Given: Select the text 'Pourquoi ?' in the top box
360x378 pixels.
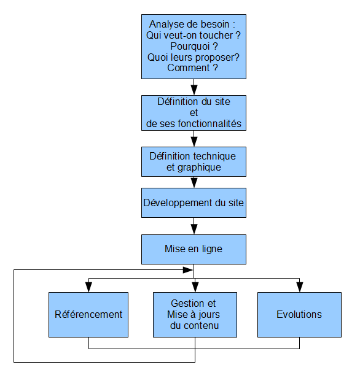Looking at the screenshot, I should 194,46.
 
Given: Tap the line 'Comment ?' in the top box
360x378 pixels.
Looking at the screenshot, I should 194,68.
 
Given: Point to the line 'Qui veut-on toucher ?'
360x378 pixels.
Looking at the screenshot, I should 194,36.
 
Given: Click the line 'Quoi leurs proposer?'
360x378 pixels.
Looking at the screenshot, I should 194,57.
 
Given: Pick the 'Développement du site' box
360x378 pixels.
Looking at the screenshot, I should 194,202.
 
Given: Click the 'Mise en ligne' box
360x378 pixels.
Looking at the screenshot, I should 194,249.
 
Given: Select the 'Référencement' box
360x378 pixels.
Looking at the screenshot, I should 88,314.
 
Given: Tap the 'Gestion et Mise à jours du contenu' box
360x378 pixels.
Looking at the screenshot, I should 194,314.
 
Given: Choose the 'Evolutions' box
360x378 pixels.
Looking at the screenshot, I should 299,314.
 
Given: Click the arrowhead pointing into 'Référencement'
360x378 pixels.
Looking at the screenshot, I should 88,288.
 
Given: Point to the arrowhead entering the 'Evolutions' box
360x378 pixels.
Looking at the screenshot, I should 299,288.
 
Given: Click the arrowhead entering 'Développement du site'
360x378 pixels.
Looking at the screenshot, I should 194,183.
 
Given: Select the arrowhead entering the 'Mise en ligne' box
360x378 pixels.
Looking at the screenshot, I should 194,229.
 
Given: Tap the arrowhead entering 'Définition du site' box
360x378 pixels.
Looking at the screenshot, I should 194,90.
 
